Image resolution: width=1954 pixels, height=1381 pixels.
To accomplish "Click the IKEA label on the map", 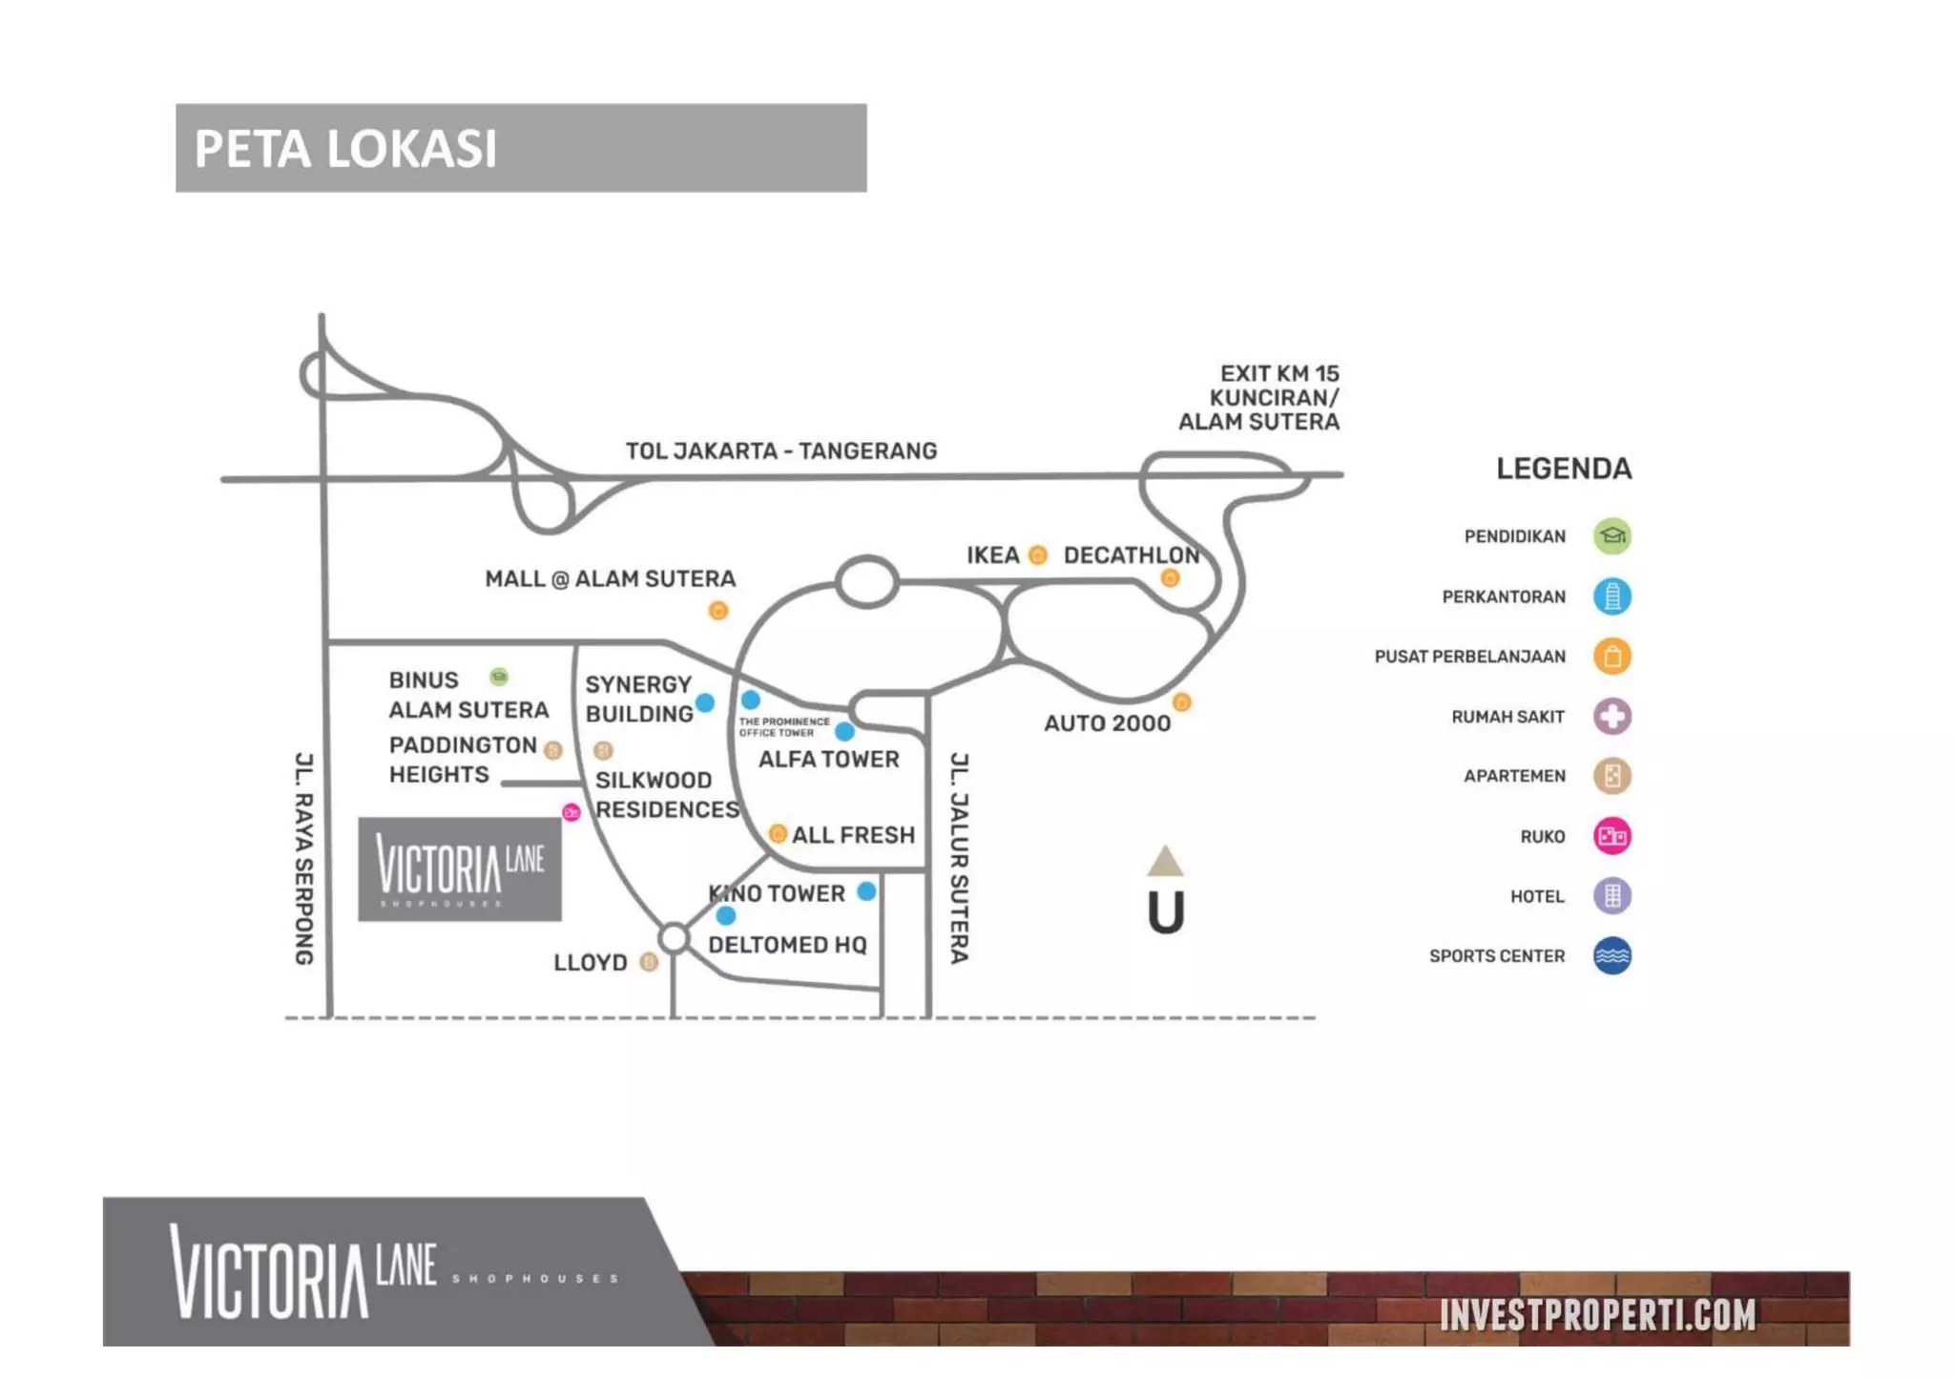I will tap(992, 555).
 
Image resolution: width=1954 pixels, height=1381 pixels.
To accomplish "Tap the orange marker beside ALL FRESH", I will tap(778, 834).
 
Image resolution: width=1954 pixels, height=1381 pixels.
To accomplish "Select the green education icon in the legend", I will tap(1611, 536).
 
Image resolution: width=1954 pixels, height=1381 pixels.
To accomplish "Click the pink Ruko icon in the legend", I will tap(1611, 836).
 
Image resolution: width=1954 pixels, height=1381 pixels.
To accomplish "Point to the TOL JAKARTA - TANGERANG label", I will tap(780, 450).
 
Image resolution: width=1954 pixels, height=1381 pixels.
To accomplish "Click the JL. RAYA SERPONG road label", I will tap(303, 858).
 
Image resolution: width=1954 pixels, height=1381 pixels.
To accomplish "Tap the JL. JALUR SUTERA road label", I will tap(959, 858).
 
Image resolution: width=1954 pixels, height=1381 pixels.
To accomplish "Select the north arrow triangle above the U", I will tap(1165, 861).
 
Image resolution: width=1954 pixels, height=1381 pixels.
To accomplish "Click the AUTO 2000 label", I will tap(1107, 723).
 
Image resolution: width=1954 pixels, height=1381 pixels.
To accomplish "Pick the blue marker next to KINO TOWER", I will tap(866, 891).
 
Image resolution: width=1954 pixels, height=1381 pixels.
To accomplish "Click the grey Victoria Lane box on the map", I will tap(460, 868).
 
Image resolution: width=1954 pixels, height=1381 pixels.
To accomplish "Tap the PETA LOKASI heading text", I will tap(345, 149).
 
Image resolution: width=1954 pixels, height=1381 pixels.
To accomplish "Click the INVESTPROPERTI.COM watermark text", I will tap(1597, 1314).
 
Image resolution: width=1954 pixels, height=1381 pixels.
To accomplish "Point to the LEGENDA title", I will tap(1563, 469).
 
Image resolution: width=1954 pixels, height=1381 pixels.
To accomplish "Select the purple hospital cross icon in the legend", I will tap(1611, 717).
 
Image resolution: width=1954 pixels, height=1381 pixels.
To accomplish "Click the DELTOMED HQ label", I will tap(787, 945).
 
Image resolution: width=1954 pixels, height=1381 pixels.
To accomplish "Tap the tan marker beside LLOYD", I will tap(649, 961).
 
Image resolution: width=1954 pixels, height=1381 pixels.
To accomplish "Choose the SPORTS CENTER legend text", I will tap(1496, 956).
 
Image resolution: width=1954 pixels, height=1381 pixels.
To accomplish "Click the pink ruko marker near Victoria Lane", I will tap(572, 812).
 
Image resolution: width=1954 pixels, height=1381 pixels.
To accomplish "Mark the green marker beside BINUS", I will tap(498, 678).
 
